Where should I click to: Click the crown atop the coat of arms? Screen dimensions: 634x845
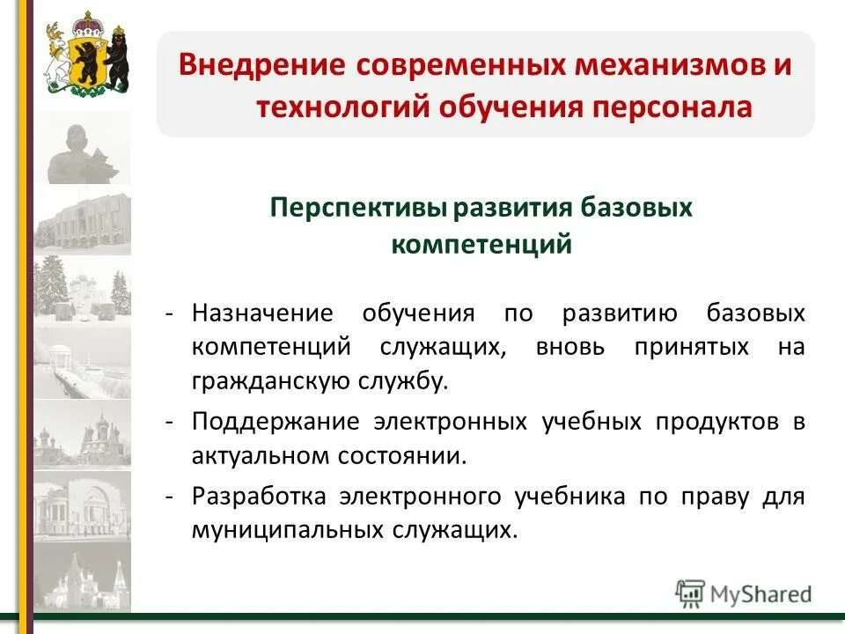point(85,20)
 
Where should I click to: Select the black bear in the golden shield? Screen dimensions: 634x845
point(86,58)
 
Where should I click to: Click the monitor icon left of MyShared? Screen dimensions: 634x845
point(690,593)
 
